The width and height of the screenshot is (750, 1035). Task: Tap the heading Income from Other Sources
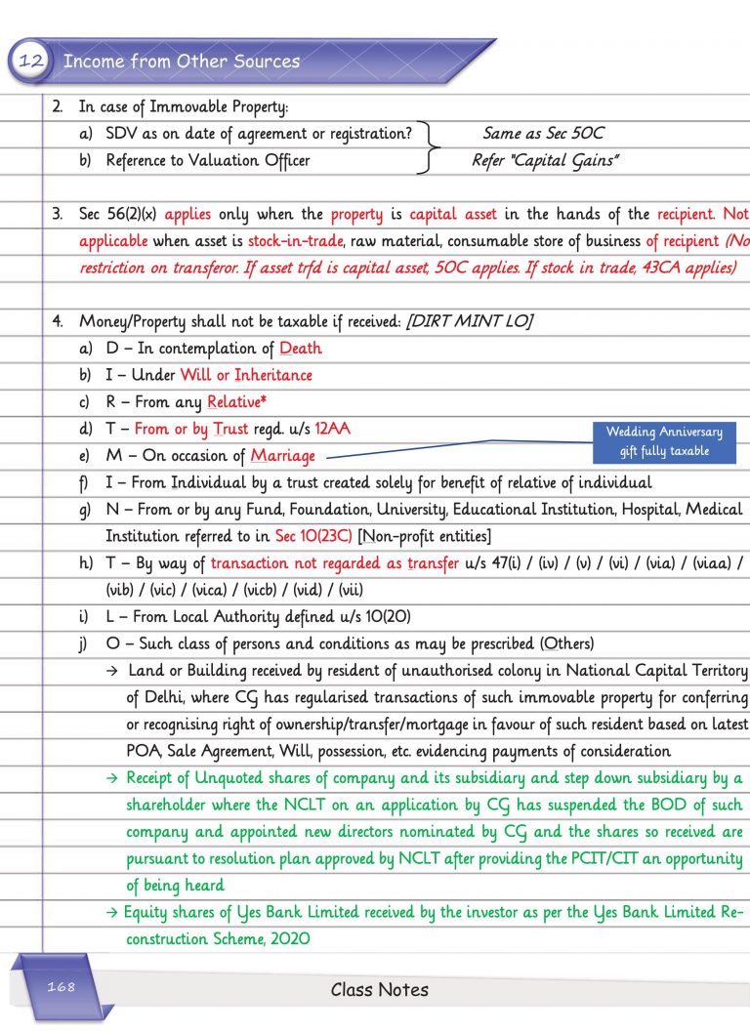pyautogui.click(x=181, y=62)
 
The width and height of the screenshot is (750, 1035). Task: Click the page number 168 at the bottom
pyautogui.click(x=61, y=987)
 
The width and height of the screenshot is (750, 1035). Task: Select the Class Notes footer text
pyautogui.click(x=379, y=989)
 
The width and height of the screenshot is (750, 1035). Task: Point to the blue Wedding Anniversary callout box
pyautogui.click(x=664, y=441)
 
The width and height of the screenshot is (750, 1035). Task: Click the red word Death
pyautogui.click(x=300, y=349)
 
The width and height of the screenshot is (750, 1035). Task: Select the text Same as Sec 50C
pyautogui.click(x=543, y=134)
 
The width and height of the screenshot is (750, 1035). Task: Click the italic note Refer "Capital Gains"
pyautogui.click(x=544, y=160)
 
